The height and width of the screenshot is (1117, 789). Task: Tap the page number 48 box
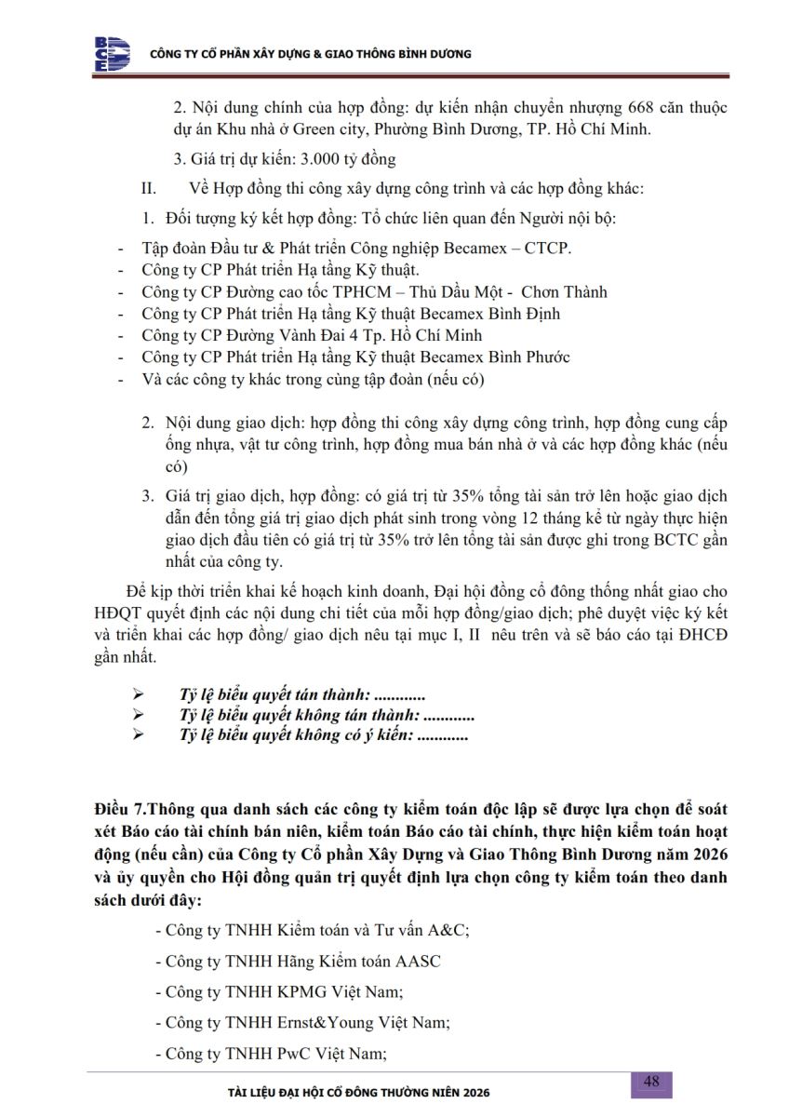click(x=651, y=1082)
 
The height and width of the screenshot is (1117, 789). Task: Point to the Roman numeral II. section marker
click(x=148, y=189)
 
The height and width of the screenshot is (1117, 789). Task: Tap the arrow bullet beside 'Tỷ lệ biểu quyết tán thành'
click(x=139, y=695)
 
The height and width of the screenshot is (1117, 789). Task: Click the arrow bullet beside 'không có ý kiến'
click(x=139, y=736)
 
